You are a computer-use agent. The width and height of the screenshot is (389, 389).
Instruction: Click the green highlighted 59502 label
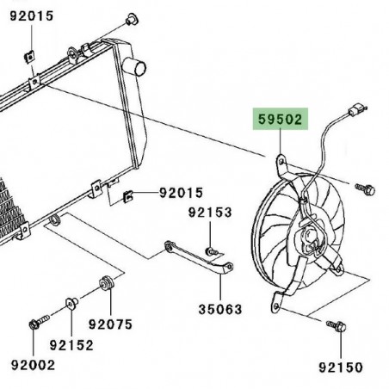pyautogui.click(x=278, y=119)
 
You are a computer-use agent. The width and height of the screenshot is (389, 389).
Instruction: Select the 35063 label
pyautogui.click(x=221, y=309)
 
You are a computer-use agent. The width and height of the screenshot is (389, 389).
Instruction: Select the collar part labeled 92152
pyautogui.click(x=71, y=302)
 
